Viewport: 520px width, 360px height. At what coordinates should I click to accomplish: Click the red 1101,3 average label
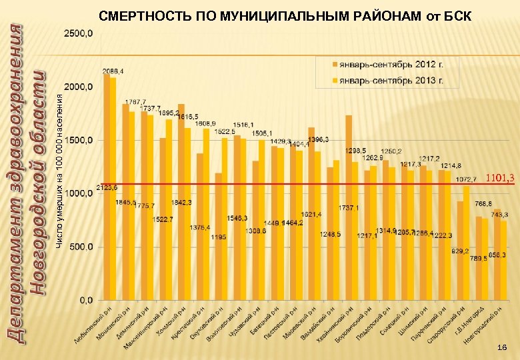(x=499, y=178)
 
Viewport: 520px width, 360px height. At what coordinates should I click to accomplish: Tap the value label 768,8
(x=483, y=203)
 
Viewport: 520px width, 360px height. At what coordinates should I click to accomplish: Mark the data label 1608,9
(x=205, y=123)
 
